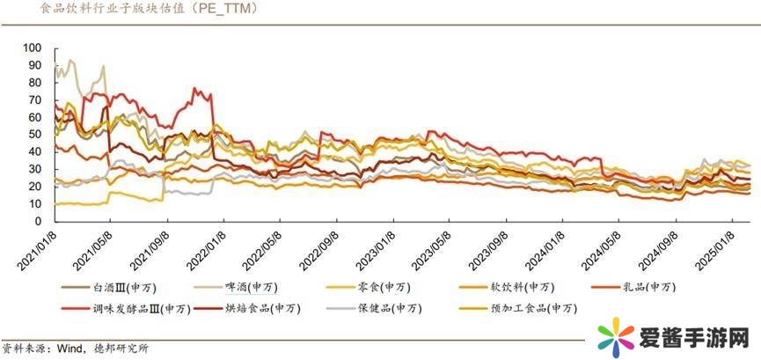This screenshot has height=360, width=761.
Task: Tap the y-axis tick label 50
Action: (x=35, y=134)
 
